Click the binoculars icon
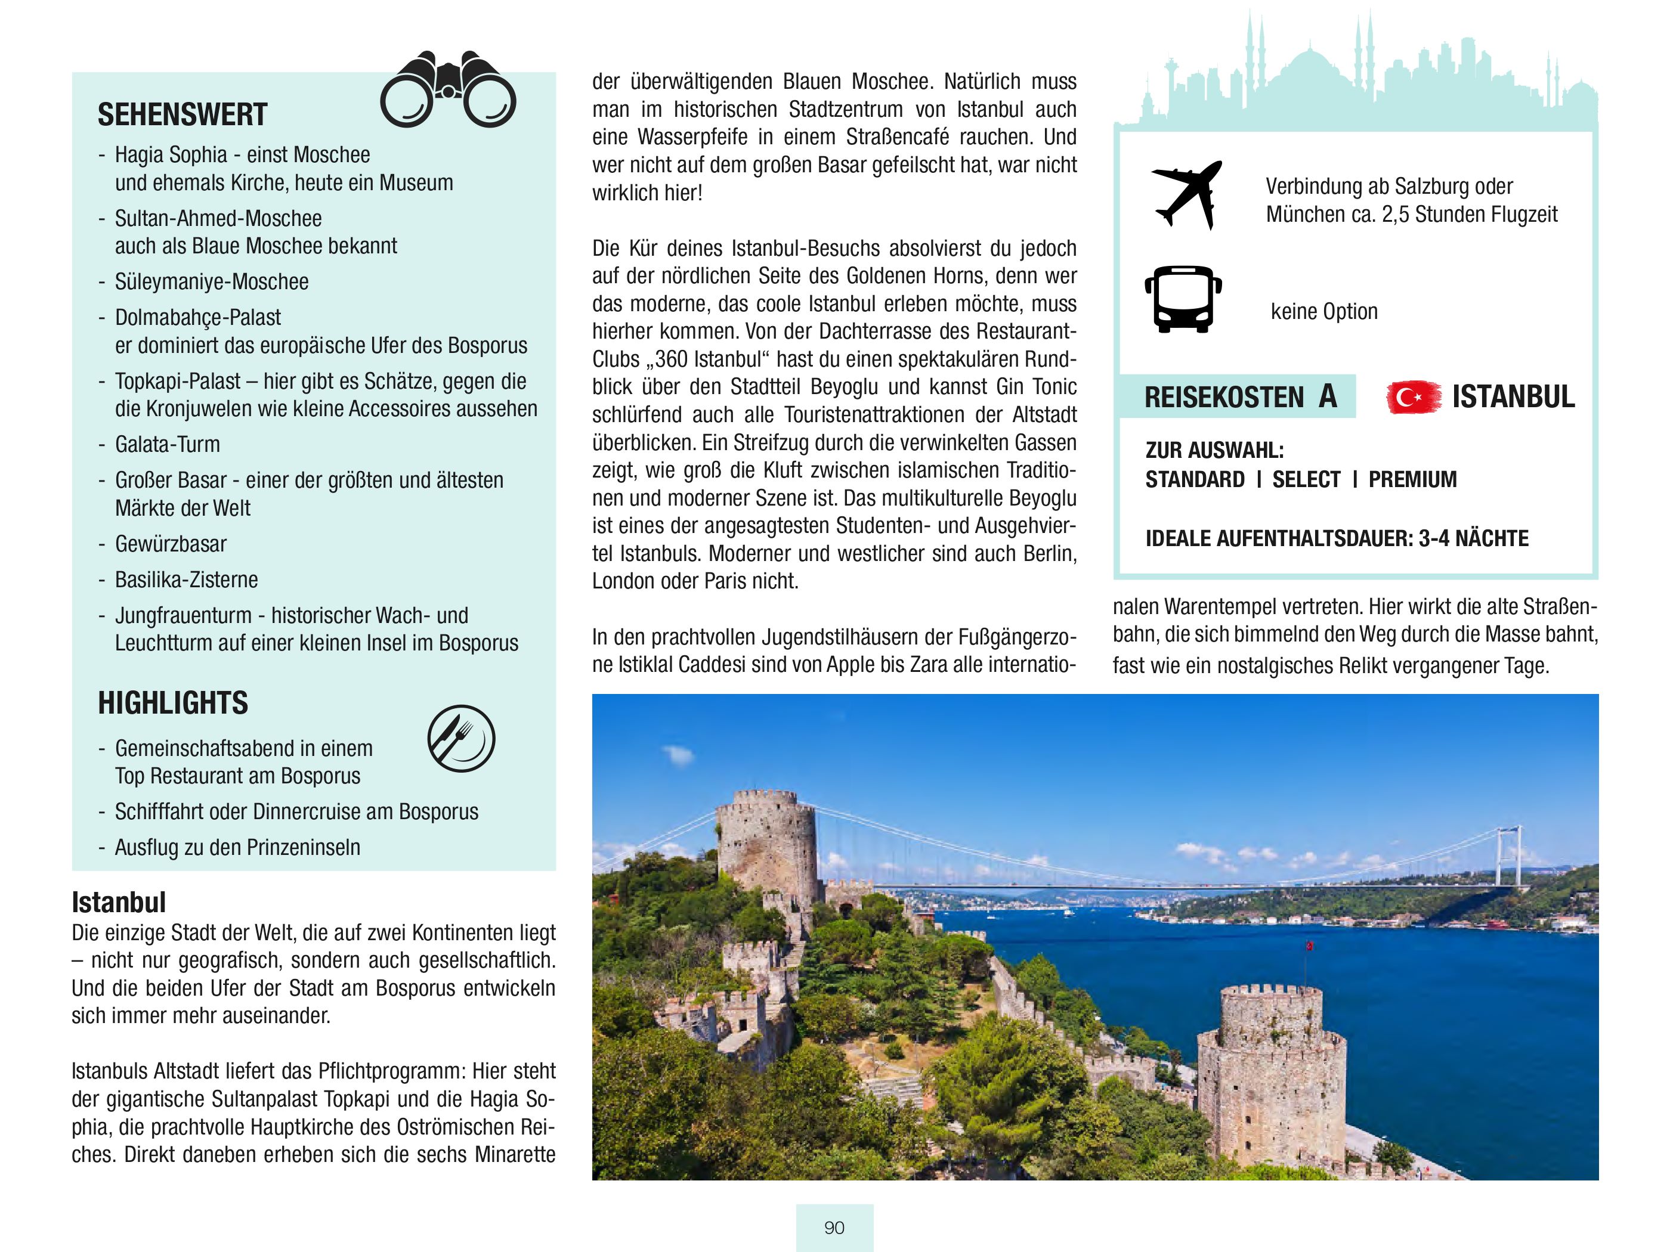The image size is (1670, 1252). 448,91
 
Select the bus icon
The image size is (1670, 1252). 1183,299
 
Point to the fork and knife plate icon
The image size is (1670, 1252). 461,738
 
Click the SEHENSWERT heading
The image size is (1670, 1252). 183,114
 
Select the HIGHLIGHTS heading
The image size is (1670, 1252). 173,702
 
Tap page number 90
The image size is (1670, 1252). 834,1228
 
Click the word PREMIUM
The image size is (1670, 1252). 1412,479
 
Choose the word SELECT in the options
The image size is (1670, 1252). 1307,479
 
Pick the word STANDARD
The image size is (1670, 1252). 1195,479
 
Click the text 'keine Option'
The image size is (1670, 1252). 1324,311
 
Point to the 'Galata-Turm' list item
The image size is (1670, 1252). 168,445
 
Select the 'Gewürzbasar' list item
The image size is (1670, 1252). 171,544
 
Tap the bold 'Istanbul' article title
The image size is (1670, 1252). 119,902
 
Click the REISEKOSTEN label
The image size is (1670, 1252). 1224,397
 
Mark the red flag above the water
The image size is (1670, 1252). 1310,946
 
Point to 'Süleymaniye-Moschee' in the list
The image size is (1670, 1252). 211,281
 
